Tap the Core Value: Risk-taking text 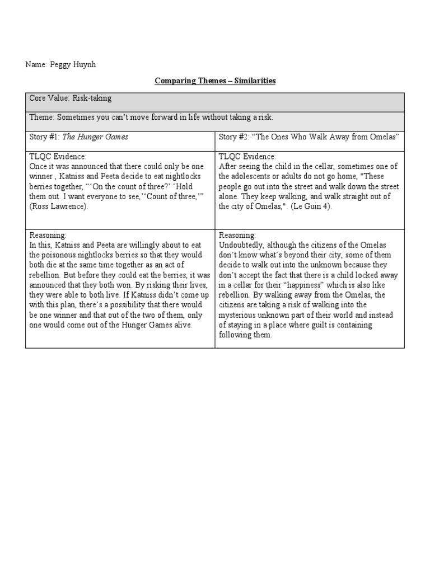(x=71, y=98)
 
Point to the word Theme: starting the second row (x=41, y=117)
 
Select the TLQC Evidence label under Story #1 (x=58, y=157)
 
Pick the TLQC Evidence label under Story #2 (x=247, y=157)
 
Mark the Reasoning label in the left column (x=48, y=236)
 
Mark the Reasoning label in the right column (x=237, y=236)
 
